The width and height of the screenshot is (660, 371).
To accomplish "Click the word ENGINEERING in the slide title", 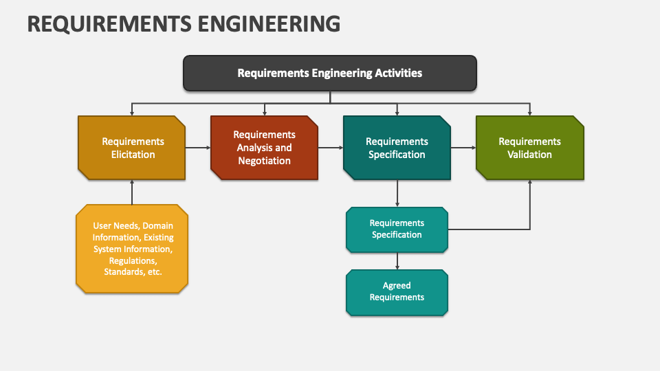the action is click(269, 23).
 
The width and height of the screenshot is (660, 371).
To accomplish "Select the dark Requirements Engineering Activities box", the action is click(330, 74).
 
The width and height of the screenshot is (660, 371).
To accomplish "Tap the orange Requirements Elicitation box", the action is click(132, 148).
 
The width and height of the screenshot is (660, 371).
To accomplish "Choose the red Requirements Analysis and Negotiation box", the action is click(264, 148).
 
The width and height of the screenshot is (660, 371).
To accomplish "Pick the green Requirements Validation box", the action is click(530, 148).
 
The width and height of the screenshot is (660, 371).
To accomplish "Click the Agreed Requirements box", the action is click(397, 293).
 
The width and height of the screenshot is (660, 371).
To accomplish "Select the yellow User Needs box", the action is click(132, 249).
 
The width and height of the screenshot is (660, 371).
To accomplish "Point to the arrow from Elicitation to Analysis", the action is click(198, 148).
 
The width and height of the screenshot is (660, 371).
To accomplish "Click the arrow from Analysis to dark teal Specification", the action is click(331, 148).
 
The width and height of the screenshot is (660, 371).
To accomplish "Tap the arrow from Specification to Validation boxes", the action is click(463, 148).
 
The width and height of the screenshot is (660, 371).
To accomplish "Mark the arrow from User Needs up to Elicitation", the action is click(132, 192).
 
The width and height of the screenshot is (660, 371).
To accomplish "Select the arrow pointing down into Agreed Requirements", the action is click(397, 261).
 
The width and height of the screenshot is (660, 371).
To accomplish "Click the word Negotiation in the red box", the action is click(264, 161).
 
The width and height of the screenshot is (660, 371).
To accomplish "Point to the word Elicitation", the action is click(133, 155).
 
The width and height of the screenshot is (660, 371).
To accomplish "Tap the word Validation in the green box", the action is click(529, 155).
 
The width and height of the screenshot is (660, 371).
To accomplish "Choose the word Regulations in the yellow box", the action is click(133, 261).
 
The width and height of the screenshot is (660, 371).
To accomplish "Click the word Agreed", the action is click(397, 286).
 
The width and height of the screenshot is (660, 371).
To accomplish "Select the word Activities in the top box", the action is click(399, 74).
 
